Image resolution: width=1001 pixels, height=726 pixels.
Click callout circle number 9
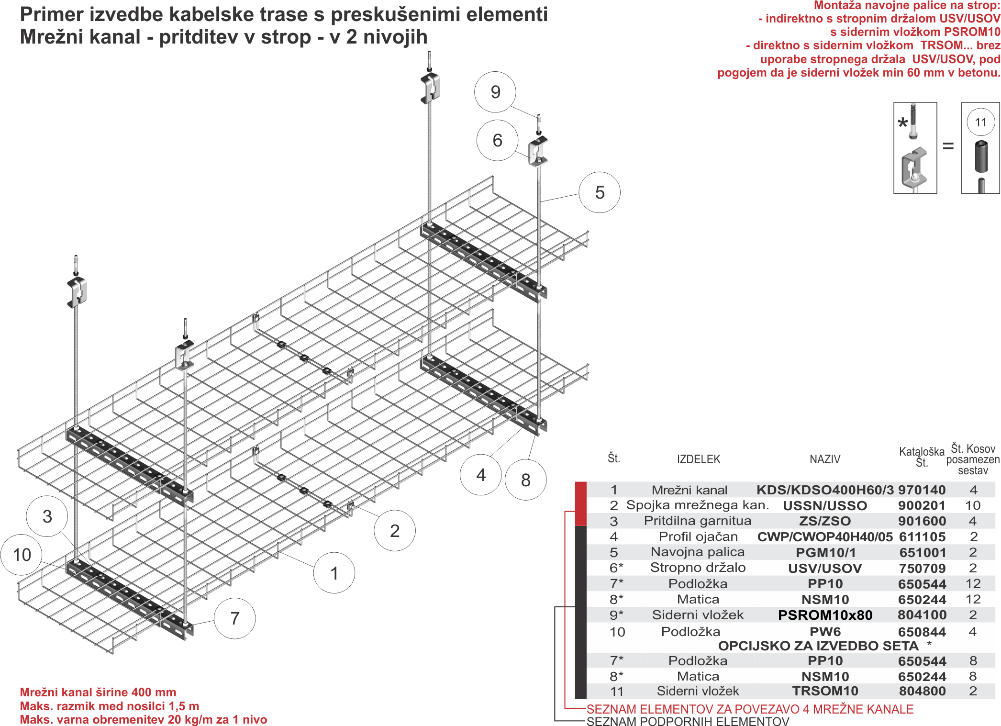(495, 92)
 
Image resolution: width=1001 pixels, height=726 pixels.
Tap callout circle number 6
(497, 140)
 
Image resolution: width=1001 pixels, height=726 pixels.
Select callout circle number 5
(600, 192)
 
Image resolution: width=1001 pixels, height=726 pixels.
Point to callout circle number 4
(481, 475)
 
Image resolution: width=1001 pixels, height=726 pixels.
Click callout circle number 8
(526, 480)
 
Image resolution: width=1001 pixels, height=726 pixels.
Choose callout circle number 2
(395, 530)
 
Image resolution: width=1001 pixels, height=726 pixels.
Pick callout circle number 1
(334, 573)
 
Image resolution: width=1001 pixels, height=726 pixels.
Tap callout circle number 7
(234, 618)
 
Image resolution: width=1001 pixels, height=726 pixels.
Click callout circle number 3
(47, 516)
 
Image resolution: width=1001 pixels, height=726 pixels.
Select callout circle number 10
(22, 555)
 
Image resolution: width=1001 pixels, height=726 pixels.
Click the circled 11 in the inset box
(980, 122)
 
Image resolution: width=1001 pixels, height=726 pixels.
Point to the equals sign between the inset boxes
(948, 146)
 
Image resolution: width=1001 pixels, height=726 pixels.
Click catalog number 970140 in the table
(922, 490)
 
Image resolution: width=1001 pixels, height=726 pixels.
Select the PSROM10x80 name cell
(825, 615)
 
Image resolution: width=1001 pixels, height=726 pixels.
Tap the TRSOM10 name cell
(825, 691)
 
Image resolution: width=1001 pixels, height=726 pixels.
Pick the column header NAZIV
(825, 459)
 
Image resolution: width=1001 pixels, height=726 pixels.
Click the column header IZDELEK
(698, 459)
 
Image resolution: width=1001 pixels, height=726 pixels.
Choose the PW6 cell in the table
(825, 632)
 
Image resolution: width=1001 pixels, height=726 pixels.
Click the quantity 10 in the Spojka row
(973, 505)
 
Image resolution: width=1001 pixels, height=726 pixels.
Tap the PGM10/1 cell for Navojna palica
(825, 553)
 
